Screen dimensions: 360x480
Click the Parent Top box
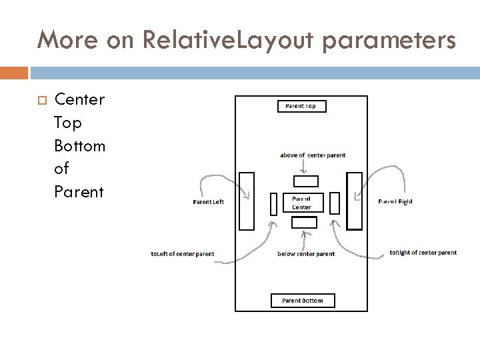(x=301, y=106)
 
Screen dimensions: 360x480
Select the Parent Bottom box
(x=303, y=301)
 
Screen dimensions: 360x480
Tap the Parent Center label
(x=302, y=202)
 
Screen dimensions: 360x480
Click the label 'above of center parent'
(x=313, y=155)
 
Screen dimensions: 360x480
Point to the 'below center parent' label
(x=306, y=254)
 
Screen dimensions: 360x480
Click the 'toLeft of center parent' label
(x=183, y=254)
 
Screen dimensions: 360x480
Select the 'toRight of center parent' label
(x=423, y=253)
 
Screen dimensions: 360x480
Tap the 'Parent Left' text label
(x=208, y=202)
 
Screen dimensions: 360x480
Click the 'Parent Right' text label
(x=395, y=201)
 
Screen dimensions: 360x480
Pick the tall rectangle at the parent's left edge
(x=247, y=201)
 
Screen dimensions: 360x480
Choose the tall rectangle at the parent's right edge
(x=355, y=201)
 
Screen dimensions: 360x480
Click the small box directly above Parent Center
(x=306, y=181)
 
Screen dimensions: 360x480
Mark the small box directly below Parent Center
(x=305, y=222)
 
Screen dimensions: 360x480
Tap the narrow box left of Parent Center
(x=273, y=203)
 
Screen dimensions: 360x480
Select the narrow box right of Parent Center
(x=335, y=202)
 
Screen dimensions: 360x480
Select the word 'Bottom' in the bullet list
(x=80, y=146)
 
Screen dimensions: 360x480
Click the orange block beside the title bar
(x=14, y=72)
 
